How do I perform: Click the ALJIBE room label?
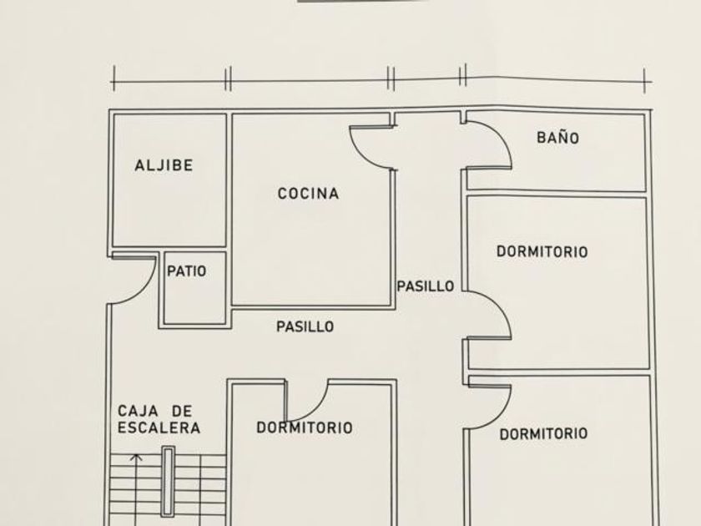[x=164, y=165]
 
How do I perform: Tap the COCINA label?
[x=308, y=194]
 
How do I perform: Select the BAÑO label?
[x=557, y=138]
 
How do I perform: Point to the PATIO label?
[x=186, y=271]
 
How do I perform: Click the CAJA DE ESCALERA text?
[x=159, y=420]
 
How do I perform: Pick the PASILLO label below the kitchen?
[x=305, y=326]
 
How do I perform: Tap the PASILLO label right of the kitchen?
[x=425, y=286]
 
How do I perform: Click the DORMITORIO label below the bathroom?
[x=542, y=251]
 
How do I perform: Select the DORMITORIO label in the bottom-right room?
[x=543, y=433]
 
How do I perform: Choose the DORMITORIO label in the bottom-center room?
[x=304, y=428]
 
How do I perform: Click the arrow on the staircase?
[x=138, y=458]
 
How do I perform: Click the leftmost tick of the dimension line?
[x=113, y=78]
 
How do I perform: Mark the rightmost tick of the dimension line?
[x=645, y=80]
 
